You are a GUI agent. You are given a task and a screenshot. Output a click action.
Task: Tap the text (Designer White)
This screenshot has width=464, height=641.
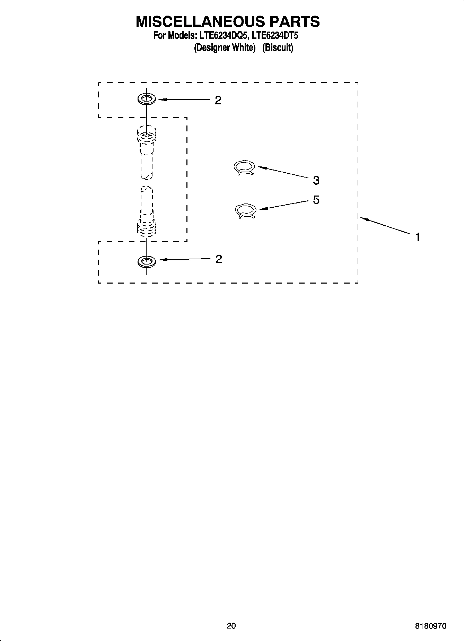point(224,47)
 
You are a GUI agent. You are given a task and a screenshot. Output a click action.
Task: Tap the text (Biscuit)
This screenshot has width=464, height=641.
point(278,47)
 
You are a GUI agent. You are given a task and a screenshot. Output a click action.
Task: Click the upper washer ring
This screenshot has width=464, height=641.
point(147,99)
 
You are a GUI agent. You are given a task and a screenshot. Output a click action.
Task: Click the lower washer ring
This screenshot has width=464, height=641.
point(147,261)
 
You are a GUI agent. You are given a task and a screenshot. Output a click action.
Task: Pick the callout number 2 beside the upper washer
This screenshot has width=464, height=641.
point(218,101)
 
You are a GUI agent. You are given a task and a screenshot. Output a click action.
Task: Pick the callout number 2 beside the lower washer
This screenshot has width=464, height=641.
point(219,259)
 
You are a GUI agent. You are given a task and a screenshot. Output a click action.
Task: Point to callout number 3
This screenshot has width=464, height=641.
point(316,180)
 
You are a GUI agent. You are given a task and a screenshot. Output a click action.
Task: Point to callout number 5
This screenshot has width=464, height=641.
point(316,200)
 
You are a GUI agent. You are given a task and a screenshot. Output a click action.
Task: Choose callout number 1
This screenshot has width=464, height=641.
point(418,237)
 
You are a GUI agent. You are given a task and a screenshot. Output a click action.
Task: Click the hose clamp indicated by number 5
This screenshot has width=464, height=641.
point(245,211)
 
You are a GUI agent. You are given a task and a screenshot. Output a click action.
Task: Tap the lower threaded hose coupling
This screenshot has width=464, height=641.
point(147,227)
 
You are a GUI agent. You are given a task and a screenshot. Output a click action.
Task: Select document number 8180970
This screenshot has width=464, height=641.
point(431,626)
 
